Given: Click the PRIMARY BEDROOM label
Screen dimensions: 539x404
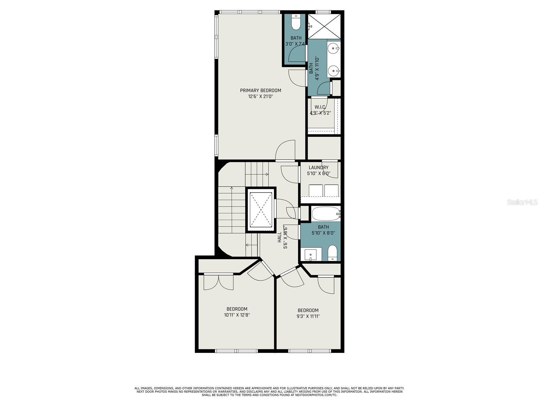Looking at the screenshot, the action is [260, 90].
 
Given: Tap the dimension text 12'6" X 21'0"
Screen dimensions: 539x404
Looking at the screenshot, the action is [260, 96].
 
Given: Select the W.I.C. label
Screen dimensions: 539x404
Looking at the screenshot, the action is [320, 107].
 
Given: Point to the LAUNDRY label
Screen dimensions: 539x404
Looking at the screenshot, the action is [318, 167].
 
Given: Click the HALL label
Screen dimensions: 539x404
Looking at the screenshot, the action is [280, 237].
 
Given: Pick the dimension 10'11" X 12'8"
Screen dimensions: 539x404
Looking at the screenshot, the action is [237, 315].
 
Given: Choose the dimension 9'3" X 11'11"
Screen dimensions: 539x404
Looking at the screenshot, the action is [308, 316].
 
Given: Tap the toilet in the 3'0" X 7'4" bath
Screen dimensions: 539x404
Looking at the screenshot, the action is [296, 22].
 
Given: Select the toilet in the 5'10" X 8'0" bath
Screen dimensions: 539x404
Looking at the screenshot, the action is [333, 252].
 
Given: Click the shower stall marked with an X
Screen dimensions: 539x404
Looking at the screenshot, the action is [324, 26].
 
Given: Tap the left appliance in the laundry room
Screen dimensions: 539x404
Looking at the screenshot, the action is [316, 190].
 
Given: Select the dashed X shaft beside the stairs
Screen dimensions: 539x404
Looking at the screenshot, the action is [261, 210].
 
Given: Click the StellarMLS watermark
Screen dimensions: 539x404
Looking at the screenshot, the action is [522, 202].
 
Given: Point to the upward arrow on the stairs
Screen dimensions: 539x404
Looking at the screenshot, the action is [231, 210].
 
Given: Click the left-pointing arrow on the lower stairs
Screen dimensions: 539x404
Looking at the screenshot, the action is [251, 245].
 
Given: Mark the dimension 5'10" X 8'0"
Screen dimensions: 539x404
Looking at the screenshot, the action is [323, 233].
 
